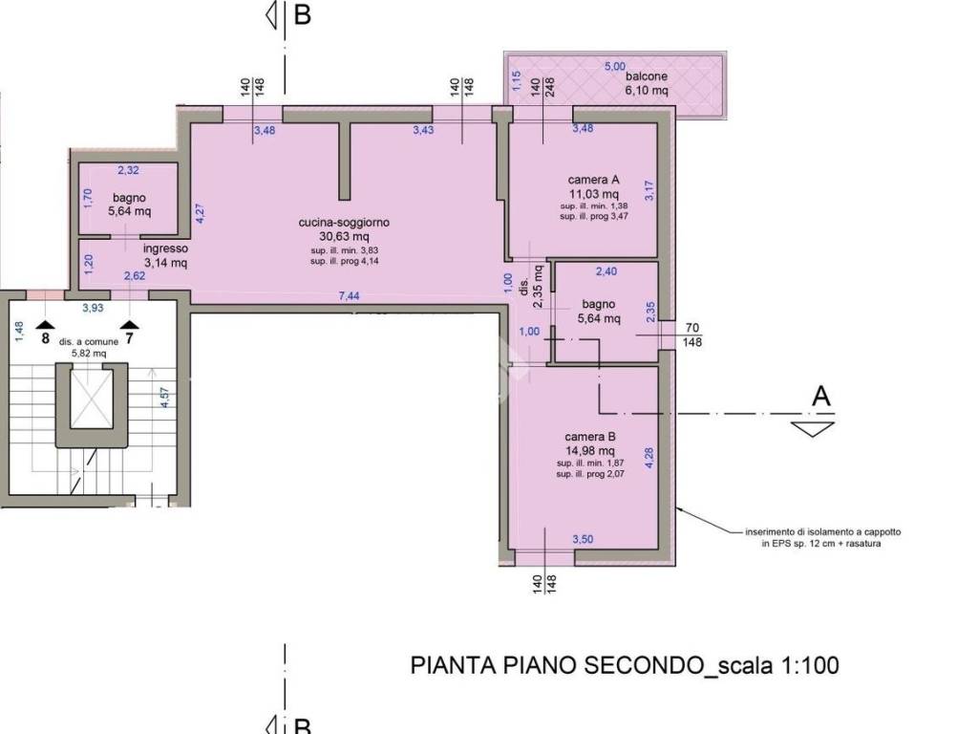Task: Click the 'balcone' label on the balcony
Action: pos(647,76)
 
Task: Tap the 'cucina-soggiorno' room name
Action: pos(344,222)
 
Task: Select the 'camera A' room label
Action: pos(594,180)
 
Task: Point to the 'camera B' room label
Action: pos(590,438)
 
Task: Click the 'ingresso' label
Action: pos(166,248)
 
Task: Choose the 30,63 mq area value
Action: pos(344,236)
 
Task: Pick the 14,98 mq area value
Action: pos(590,451)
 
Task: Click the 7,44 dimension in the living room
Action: pos(349,296)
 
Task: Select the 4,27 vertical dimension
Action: pos(200,213)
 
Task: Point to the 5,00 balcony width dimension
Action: pos(613,66)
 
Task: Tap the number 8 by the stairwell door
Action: pos(45,336)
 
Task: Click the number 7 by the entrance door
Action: pos(129,336)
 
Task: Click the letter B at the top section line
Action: pos(302,16)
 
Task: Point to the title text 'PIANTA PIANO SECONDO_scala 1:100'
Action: pos(625,665)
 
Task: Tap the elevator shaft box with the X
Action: pos(92,396)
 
